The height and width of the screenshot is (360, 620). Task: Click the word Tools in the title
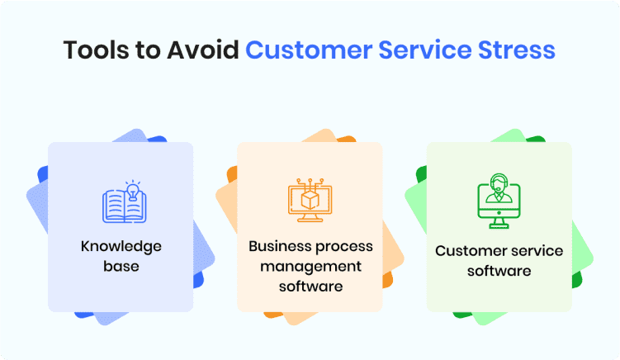pos(97,50)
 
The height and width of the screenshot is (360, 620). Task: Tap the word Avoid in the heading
pos(202,50)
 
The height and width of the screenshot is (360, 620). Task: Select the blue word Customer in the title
pos(309,50)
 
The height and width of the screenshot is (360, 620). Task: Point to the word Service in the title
pos(425,50)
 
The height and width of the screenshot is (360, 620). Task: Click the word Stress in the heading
pos(517,50)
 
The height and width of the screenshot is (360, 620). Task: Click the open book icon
pos(125,206)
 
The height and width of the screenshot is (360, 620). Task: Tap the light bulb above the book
pos(133,190)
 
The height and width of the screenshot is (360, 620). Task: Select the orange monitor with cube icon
pos(310,200)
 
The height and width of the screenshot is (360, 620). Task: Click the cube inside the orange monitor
pos(310,200)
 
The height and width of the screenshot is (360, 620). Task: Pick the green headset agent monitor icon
pos(499,201)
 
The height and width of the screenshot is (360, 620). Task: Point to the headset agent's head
pos(499,182)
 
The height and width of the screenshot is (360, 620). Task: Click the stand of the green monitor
pos(499,223)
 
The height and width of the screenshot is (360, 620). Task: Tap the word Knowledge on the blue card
pos(121,246)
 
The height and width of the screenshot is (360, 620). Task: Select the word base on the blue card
pos(121,266)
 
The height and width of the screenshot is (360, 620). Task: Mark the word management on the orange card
pos(310,267)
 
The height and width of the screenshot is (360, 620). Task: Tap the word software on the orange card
pos(310,286)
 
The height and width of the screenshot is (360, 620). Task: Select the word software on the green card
pos(499,271)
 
